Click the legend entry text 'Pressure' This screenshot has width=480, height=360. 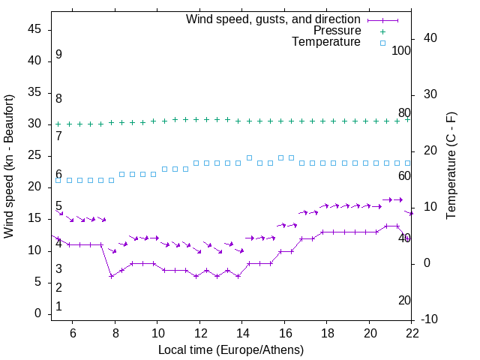(x=337, y=31)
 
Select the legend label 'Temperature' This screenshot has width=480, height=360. (x=326, y=42)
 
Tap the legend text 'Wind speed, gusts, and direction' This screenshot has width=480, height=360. (x=274, y=19)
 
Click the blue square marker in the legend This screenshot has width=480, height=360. (x=382, y=43)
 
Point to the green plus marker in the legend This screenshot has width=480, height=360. (x=382, y=31)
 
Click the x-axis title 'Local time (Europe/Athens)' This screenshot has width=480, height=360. (x=231, y=349)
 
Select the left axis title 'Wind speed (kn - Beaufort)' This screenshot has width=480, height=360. (x=9, y=166)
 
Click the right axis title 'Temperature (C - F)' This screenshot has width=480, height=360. (x=451, y=166)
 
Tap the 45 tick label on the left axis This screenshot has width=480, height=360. (x=34, y=29)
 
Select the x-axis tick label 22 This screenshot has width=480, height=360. (x=412, y=332)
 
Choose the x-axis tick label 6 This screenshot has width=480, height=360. (x=73, y=332)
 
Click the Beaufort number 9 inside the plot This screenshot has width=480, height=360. (x=58, y=55)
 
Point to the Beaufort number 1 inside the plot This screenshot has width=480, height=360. (x=58, y=307)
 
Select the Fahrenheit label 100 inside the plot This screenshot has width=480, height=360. (x=402, y=50)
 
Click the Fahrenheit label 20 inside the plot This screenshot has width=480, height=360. (x=404, y=301)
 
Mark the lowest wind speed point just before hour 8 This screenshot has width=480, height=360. (x=111, y=276)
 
